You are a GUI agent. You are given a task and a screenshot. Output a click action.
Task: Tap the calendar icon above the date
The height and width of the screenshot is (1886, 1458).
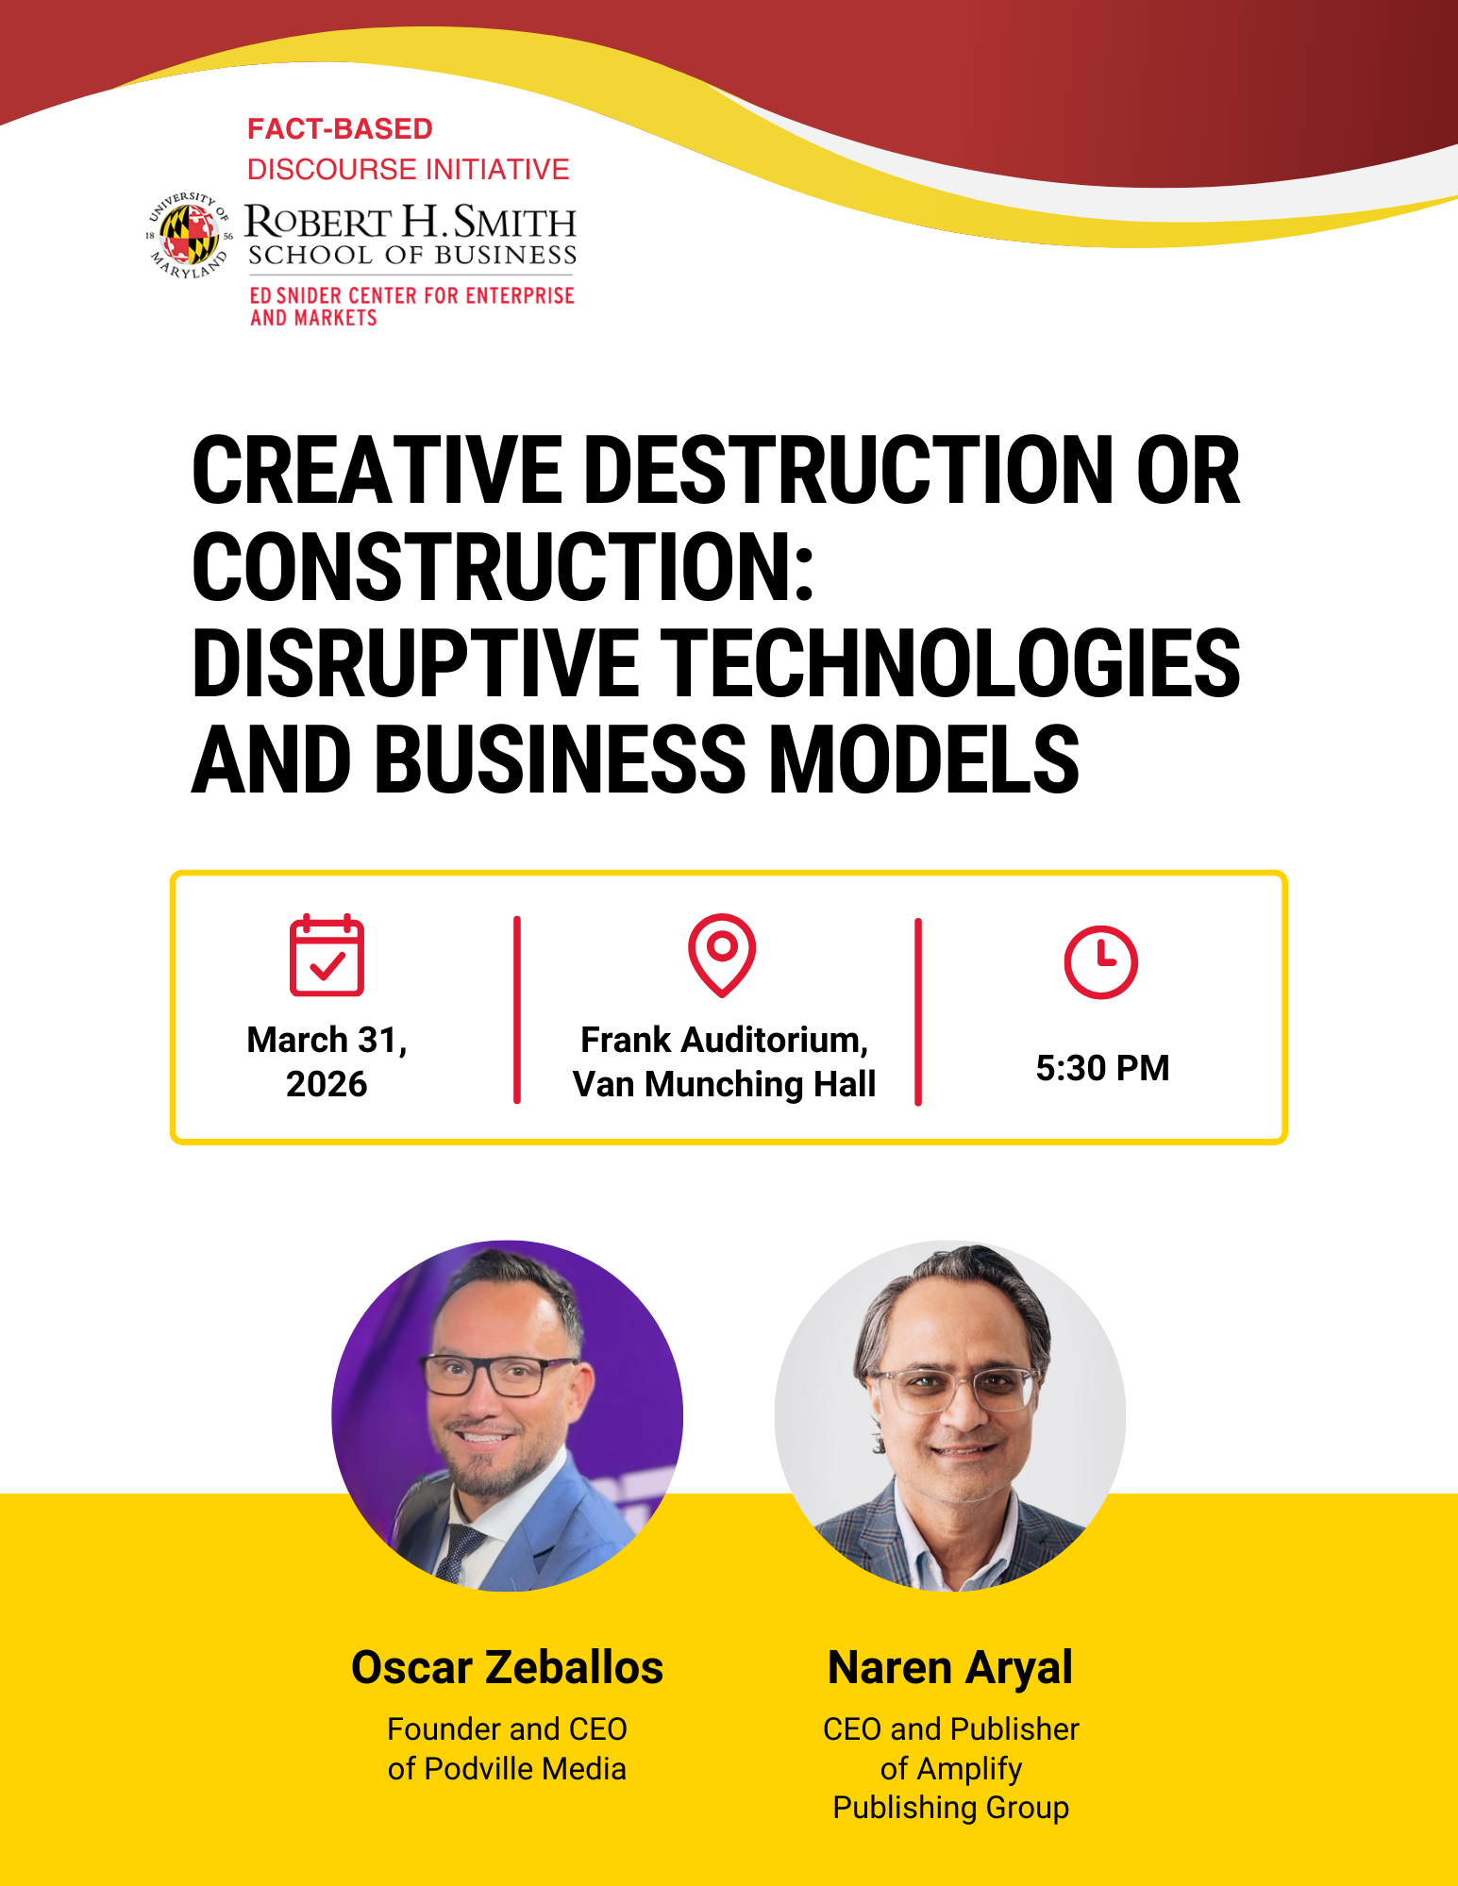click(x=327, y=955)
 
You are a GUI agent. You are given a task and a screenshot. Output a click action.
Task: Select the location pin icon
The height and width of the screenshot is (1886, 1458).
click(x=722, y=955)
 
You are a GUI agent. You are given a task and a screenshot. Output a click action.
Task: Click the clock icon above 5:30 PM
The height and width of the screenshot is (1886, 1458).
click(x=1101, y=962)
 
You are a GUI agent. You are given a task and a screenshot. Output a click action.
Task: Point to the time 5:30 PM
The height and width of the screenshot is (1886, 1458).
click(x=1102, y=1068)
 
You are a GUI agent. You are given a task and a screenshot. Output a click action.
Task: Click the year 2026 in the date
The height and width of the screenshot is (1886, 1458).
click(x=327, y=1084)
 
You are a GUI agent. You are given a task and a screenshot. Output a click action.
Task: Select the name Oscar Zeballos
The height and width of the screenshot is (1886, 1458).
click(x=508, y=1667)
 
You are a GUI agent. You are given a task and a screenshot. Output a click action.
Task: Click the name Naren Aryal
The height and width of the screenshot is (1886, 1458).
click(x=950, y=1668)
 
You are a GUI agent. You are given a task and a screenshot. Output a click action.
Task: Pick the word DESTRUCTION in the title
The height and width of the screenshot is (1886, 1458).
click(x=849, y=470)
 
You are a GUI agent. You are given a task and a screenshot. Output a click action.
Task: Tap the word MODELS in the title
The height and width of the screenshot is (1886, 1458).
click(x=924, y=759)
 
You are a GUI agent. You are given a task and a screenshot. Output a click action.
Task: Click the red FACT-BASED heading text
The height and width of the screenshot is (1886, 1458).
click(x=340, y=128)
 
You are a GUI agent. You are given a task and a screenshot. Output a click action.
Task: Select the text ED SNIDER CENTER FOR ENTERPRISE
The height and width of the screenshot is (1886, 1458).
click(x=411, y=295)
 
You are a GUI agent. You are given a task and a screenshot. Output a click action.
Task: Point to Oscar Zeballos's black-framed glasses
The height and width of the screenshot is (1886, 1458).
click(x=500, y=1375)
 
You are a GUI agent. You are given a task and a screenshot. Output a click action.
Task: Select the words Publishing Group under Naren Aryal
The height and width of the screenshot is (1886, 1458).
click(x=950, y=1808)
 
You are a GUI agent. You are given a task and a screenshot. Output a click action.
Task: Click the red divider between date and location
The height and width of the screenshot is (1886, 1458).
click(x=517, y=1010)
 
